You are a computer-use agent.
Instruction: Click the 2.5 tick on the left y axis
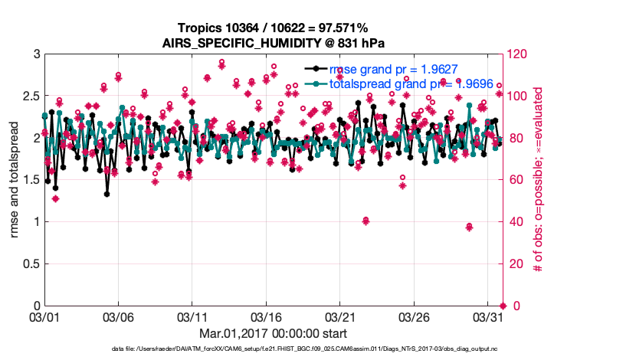(31, 97)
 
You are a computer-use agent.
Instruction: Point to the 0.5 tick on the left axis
(31, 264)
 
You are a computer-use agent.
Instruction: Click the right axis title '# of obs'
(539, 180)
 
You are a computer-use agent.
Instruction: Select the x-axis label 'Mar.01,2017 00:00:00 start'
(273, 333)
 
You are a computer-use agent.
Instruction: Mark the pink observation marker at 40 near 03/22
(366, 221)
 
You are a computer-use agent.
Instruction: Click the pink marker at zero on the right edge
(503, 306)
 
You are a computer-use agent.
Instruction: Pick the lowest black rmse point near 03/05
(107, 194)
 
